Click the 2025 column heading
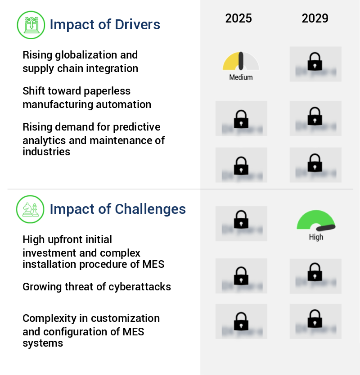pyautogui.click(x=238, y=18)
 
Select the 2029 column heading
pyautogui.click(x=315, y=18)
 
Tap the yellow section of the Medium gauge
pyautogui.click(x=230, y=62)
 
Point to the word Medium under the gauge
pyautogui.click(x=241, y=77)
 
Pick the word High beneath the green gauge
pyautogui.click(x=316, y=237)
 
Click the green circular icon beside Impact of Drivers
pyautogui.click(x=31, y=24)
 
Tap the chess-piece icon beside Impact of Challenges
pyautogui.click(x=30, y=209)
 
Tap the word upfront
pyautogui.click(x=65, y=239)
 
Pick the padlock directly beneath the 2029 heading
pyautogui.click(x=315, y=62)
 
